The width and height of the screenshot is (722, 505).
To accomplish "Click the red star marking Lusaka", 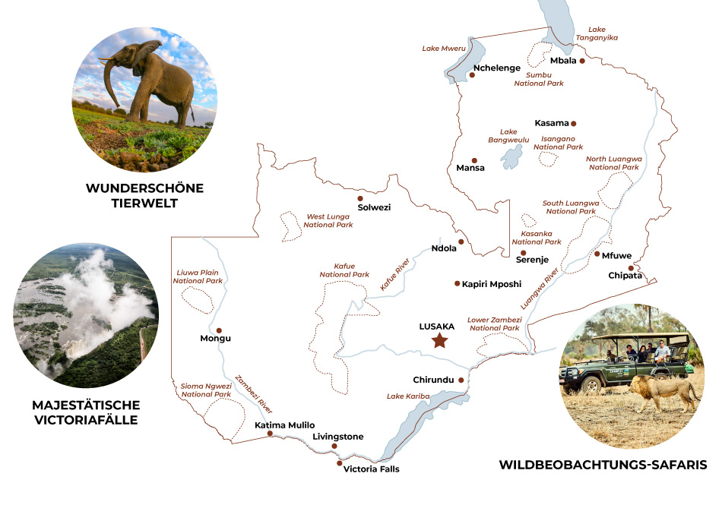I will point(439,341).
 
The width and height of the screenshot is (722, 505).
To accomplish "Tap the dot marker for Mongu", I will point(219,330).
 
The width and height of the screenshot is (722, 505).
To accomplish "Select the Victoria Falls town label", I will point(371,469).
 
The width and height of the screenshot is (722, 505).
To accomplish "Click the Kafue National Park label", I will point(344,270).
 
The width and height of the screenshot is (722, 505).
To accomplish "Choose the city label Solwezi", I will point(374,207).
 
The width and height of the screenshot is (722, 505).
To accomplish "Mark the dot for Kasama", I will point(574,123).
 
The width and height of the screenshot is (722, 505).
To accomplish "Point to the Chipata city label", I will point(625,276).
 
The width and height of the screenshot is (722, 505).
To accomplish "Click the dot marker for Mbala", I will point(581,61).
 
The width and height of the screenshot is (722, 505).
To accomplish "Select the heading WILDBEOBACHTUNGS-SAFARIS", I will point(603,464).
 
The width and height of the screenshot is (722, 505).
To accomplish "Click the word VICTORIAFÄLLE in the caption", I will point(86,418).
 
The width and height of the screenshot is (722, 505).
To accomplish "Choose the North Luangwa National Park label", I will point(614,163).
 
